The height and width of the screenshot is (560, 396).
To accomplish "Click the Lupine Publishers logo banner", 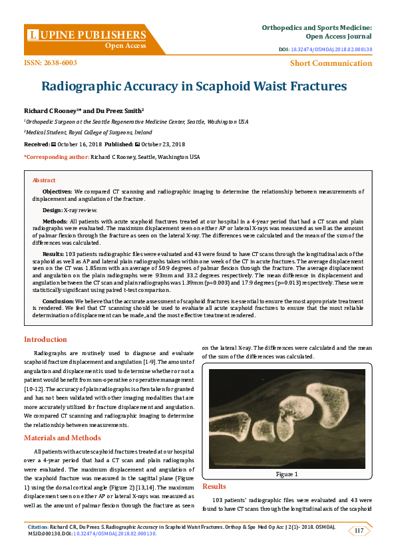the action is coord(87,39).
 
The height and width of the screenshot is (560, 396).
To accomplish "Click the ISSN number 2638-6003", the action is coord(50,63).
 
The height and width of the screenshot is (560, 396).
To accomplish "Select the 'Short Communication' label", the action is coord(331,63).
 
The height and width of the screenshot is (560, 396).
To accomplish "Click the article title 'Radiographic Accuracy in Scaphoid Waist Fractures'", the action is coord(194,86).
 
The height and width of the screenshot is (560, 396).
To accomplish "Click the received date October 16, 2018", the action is coord(75,144).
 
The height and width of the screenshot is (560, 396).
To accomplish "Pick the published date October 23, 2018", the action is coord(162,144).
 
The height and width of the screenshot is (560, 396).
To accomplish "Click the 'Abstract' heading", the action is coord(44,180).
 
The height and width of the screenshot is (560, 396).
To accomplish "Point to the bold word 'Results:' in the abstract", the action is coord(53,253).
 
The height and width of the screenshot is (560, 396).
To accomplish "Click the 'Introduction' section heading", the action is coord(45,340).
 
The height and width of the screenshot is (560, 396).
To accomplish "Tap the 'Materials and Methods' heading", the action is coord(62,438).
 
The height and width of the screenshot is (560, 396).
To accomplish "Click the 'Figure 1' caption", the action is coord(287,474).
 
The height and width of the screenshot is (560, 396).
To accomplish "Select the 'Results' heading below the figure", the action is coord(214,487).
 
